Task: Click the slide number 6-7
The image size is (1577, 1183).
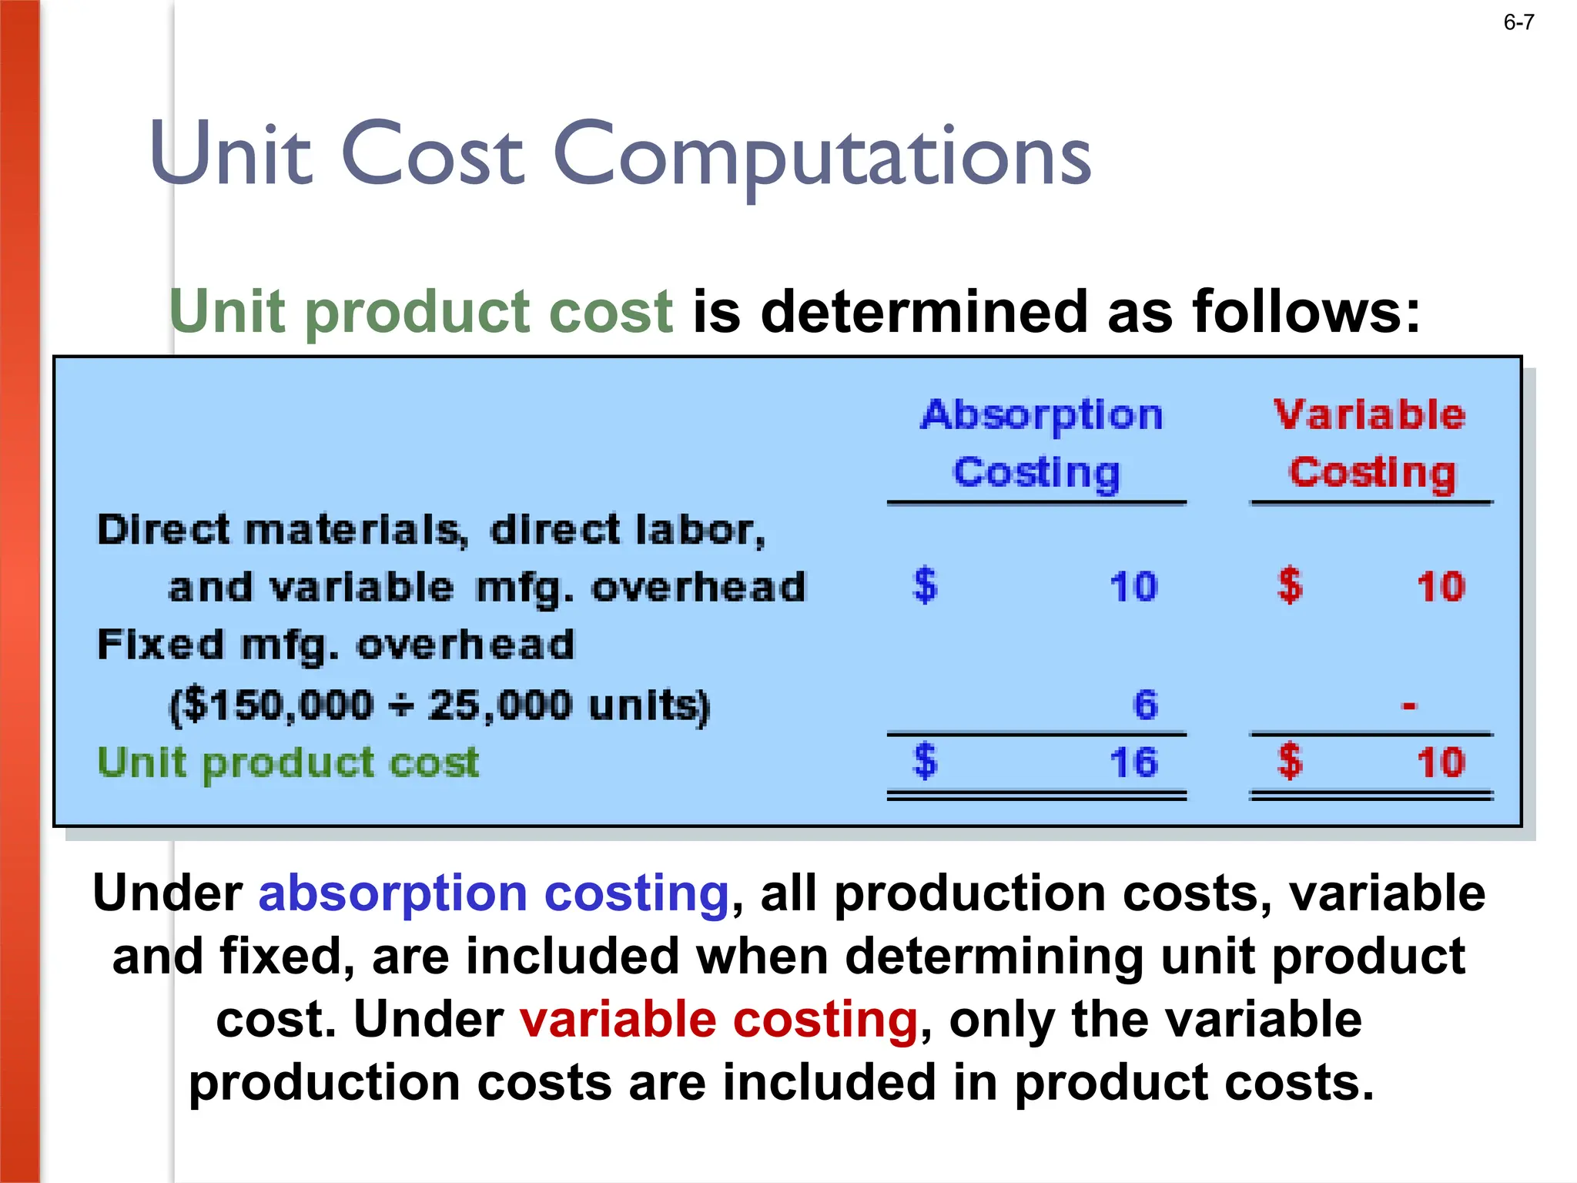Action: (x=1518, y=22)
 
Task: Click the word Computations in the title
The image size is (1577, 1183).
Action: (x=822, y=155)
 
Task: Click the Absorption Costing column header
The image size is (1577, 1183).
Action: (x=1040, y=444)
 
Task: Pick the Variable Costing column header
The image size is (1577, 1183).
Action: (x=1370, y=444)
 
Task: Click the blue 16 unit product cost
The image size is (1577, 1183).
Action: (x=1133, y=762)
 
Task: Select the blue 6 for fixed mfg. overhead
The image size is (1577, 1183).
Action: (x=1145, y=705)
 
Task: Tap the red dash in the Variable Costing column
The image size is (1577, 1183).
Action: (x=1408, y=705)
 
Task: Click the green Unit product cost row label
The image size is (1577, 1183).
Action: (x=288, y=763)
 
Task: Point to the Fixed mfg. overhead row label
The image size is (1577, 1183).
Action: (x=336, y=645)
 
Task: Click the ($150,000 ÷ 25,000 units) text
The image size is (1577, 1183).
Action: (x=439, y=705)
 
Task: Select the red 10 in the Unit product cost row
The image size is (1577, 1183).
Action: (x=1440, y=762)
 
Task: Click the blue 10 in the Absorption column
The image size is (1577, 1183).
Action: (x=1133, y=587)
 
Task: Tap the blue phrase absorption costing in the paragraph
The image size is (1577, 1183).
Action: (x=494, y=893)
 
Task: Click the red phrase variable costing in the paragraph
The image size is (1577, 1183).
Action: (x=718, y=1020)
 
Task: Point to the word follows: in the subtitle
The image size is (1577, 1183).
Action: (x=1306, y=312)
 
